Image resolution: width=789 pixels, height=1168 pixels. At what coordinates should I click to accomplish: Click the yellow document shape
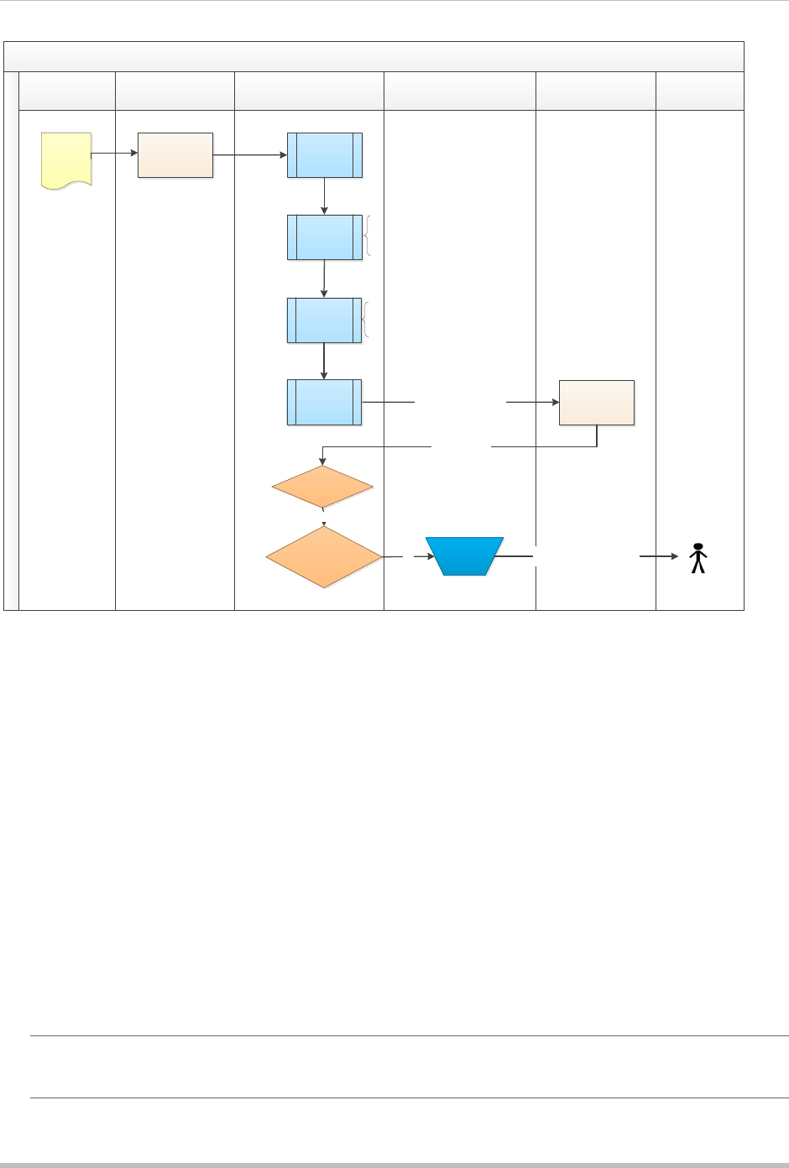[66, 159]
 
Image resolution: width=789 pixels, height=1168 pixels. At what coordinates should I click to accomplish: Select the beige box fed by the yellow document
[175, 154]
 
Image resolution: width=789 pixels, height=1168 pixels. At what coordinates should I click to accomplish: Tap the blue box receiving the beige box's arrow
[325, 154]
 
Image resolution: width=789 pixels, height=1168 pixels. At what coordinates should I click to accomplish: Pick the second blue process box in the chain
[325, 237]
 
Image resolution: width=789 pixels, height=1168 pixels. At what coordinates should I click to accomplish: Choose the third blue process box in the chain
[325, 320]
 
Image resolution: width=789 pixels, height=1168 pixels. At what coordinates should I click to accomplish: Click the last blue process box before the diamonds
[325, 402]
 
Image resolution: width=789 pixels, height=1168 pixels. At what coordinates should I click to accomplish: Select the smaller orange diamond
[323, 488]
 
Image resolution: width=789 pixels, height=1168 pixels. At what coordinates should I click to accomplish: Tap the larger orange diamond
[323, 556]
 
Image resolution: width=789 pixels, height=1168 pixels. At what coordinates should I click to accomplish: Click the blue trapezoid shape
[464, 555]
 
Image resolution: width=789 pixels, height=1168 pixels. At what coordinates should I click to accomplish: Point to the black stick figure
[698, 559]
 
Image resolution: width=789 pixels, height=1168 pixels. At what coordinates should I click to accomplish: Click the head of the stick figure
[698, 547]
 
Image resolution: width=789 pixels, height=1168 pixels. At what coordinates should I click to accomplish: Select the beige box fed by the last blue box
[597, 402]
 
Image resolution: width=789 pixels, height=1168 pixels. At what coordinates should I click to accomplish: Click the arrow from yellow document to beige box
[114, 154]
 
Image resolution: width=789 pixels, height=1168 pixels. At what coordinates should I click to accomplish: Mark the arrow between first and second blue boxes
[324, 196]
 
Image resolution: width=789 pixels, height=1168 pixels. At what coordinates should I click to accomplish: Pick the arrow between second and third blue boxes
[324, 279]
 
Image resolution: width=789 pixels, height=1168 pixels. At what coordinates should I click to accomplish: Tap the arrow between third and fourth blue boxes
[324, 361]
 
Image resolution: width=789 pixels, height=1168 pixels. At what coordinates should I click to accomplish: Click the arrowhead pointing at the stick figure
[675, 555]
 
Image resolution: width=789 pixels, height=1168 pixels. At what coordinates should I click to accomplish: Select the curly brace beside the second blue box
[368, 236]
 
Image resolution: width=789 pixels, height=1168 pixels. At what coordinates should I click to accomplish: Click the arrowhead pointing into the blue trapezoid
[431, 555]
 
